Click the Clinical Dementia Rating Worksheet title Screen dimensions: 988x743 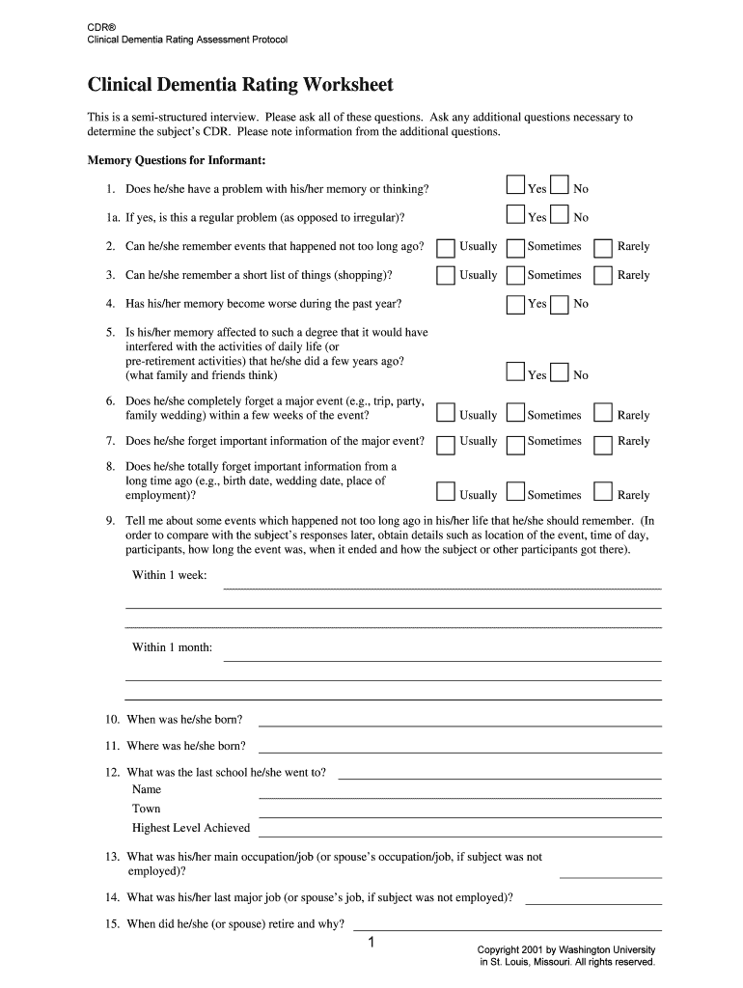pos(240,85)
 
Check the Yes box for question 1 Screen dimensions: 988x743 pos(515,185)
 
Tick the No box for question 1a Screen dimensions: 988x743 pos(560,214)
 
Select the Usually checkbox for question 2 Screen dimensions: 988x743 pos(445,248)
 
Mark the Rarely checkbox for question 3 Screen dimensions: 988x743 pos(603,276)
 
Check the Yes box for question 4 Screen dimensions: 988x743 pos(515,304)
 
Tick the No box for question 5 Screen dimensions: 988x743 pos(560,371)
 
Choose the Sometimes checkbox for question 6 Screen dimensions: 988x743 pos(515,413)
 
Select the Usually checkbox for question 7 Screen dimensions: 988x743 pos(445,444)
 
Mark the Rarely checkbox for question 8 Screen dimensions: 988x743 pos(603,492)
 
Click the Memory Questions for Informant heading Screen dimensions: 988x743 pos(177,159)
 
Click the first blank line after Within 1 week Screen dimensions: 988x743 pos(442,587)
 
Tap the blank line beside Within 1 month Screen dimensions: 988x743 pos(442,659)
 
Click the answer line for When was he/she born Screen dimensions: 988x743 pos(459,724)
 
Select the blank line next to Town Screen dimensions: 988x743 pos(459,815)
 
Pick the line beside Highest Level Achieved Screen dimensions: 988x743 pos(459,835)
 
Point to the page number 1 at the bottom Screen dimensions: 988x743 pos(371,943)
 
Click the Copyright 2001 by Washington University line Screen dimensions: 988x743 pos(566,949)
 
